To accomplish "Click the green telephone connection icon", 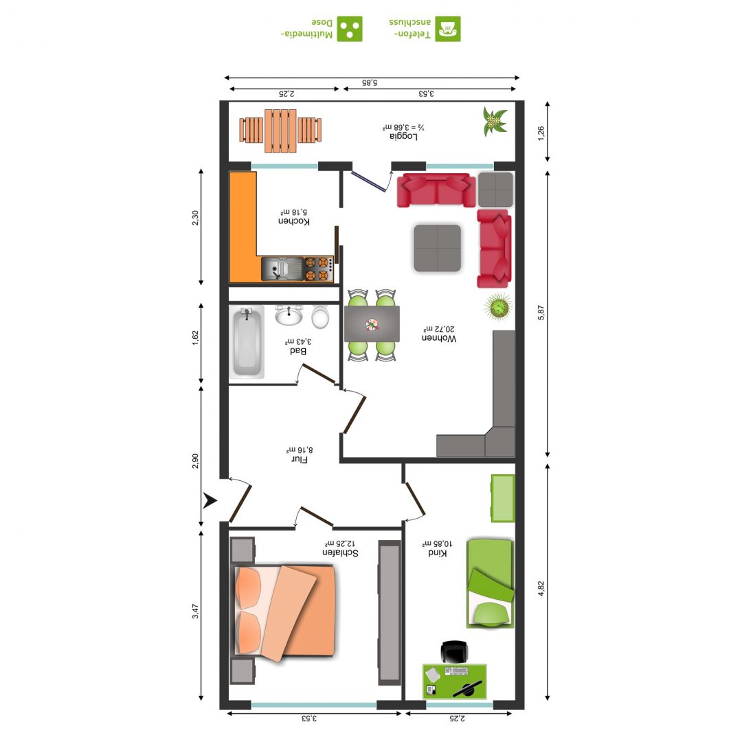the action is tap(448, 29).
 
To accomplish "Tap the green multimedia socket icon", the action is tap(350, 29).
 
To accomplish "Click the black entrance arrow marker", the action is tap(210, 500).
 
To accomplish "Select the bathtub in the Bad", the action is tap(247, 341).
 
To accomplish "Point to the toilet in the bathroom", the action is tap(320, 317).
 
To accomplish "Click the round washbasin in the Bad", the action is tap(289, 315).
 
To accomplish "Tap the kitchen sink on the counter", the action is tap(282, 269).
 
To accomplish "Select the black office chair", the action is tap(454, 651).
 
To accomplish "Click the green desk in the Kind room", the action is tap(454, 681).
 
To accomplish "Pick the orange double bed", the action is tap(285, 612).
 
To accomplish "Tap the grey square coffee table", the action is tap(437, 248).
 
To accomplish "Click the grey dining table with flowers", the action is tap(372, 324).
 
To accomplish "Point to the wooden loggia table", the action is tap(280, 131).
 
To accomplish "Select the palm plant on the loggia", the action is tap(495, 121).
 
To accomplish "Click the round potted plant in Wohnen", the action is tap(498, 306).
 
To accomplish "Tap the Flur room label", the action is tap(299, 460).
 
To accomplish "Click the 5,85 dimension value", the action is tap(370, 82).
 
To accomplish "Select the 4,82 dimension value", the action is tap(541, 588).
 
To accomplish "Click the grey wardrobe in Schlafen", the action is tap(390, 613).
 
